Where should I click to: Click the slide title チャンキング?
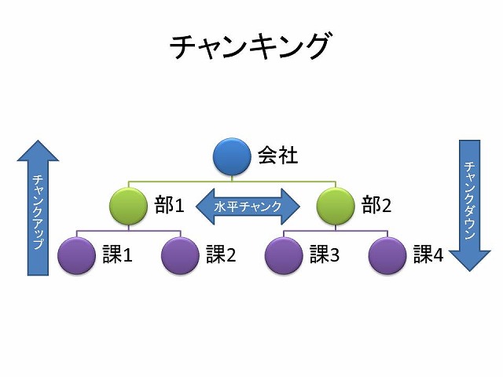[x=250, y=46]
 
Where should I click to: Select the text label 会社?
[x=278, y=156]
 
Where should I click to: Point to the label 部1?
[x=169, y=207]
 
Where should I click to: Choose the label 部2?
[x=376, y=207]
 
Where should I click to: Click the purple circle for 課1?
[x=77, y=254]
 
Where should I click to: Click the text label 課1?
[x=117, y=254]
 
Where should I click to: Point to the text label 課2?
[x=221, y=254]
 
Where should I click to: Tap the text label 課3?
[x=325, y=254]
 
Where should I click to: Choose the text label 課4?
[x=428, y=254]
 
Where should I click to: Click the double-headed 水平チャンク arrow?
[x=248, y=207]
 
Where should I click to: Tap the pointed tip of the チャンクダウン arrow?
[x=469, y=269]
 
